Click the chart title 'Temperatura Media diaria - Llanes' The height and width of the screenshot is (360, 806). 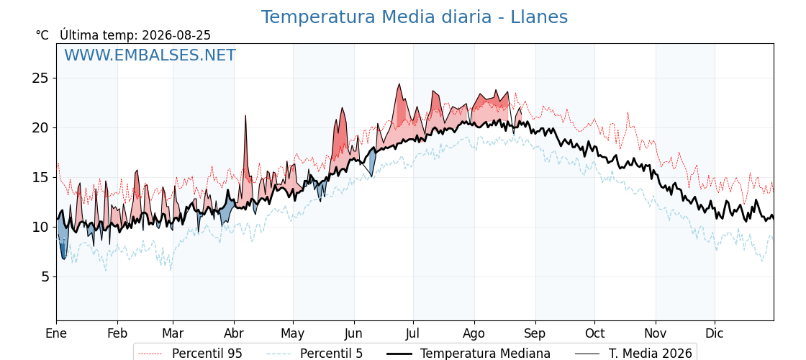(x=415, y=17)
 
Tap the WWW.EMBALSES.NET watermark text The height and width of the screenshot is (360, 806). (x=150, y=55)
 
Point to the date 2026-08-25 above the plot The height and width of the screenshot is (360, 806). (x=176, y=35)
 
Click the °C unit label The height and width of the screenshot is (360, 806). (x=42, y=35)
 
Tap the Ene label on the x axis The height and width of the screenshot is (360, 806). (x=56, y=333)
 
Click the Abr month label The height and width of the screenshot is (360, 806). (x=234, y=333)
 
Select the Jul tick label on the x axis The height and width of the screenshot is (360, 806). (x=413, y=333)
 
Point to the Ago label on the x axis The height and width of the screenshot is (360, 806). (x=474, y=333)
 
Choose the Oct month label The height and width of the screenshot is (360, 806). (x=594, y=333)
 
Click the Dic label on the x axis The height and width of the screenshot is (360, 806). (x=715, y=333)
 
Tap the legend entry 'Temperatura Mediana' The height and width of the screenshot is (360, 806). (x=467, y=354)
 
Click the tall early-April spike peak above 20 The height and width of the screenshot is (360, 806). (x=245, y=116)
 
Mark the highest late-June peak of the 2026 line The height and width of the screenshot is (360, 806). (x=399, y=84)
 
